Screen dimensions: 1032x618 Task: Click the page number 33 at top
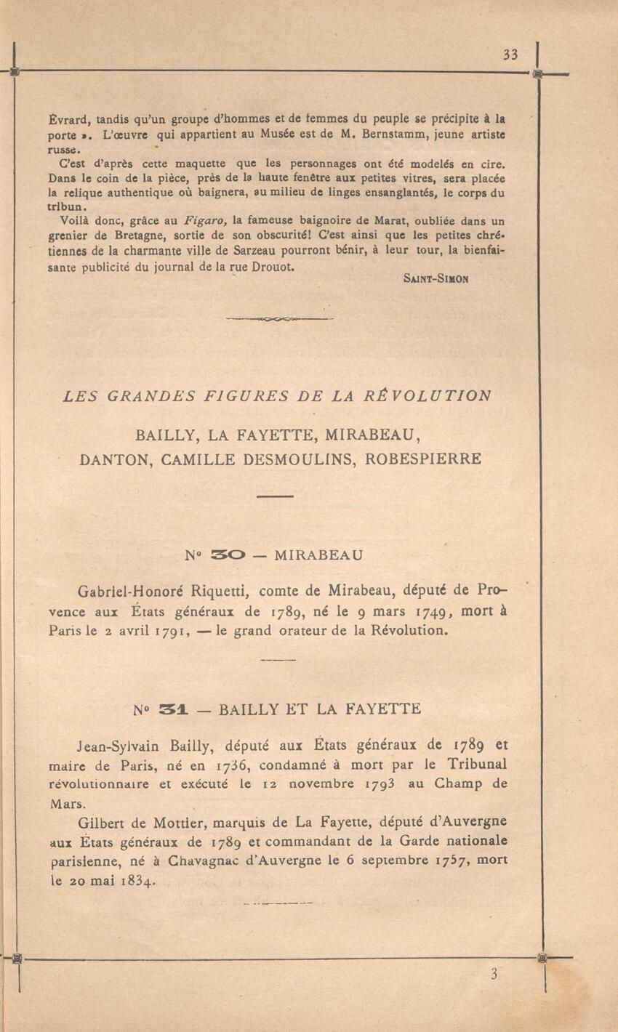coord(510,55)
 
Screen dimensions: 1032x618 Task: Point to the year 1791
coord(171,631)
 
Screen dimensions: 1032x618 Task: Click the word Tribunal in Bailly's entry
coord(478,765)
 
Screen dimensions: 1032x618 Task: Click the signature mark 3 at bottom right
coord(494,975)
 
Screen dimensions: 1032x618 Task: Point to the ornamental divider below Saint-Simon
coord(279,318)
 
